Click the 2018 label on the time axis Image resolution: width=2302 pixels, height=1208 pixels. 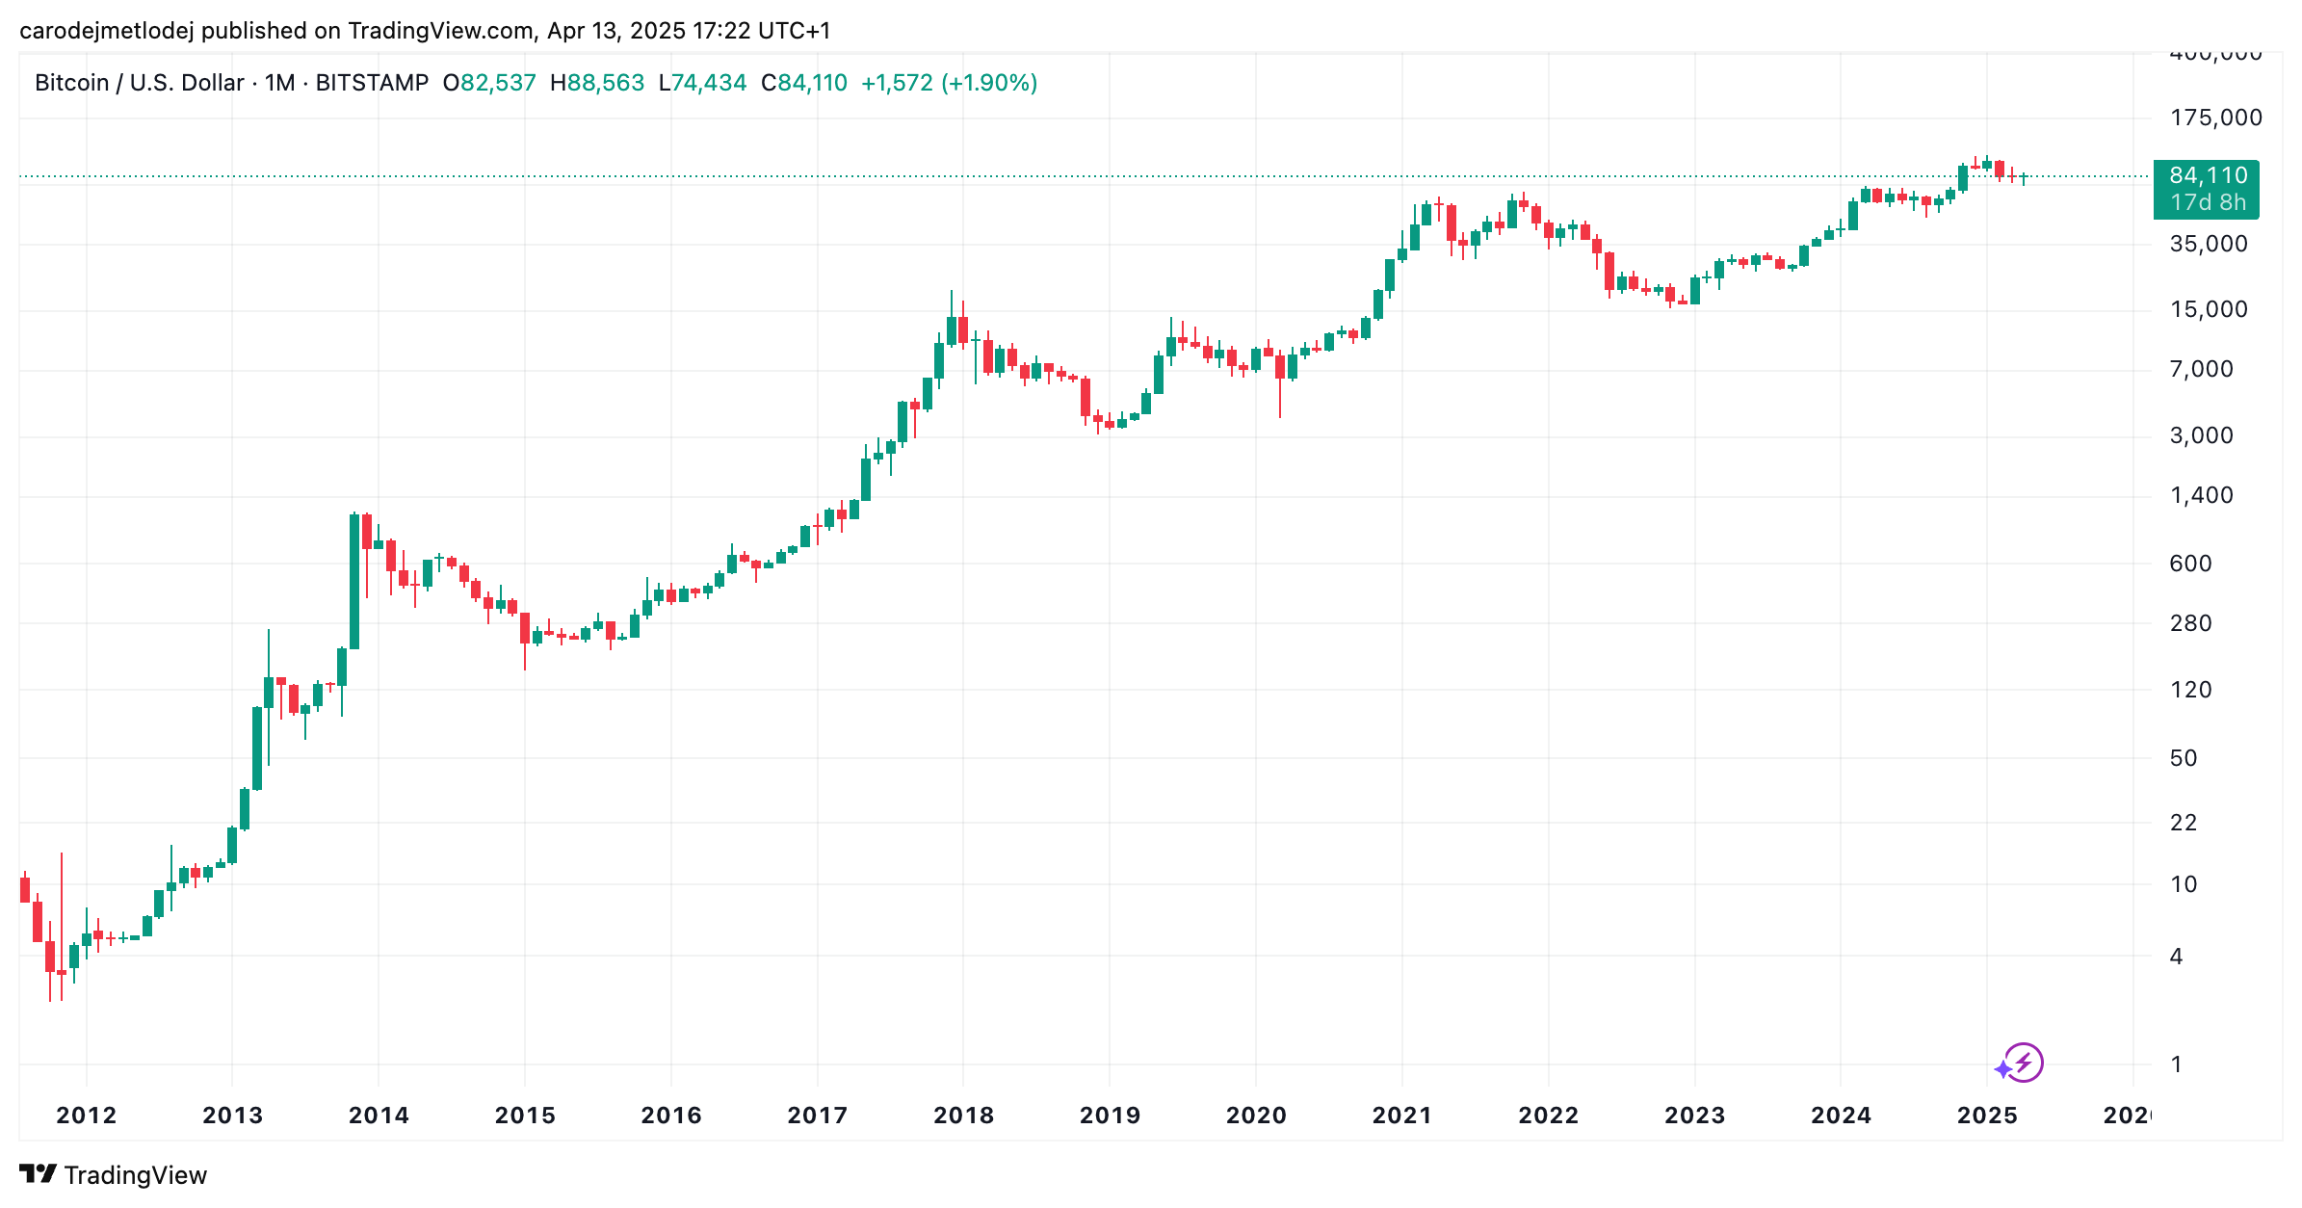(963, 1116)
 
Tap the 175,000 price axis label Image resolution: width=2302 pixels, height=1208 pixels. (2215, 118)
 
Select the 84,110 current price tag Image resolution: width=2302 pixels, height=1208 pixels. (2208, 176)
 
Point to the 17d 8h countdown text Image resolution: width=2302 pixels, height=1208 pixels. (2208, 203)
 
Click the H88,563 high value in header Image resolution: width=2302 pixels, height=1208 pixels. (597, 83)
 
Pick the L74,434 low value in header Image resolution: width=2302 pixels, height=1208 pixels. (702, 83)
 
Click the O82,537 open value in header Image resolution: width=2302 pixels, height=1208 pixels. (489, 83)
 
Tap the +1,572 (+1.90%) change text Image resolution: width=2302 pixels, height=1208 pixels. (949, 83)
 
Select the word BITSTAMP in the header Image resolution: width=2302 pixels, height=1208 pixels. (372, 83)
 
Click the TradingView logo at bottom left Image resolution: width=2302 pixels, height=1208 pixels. (114, 1174)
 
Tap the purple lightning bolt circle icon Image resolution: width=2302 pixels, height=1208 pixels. (2024, 1063)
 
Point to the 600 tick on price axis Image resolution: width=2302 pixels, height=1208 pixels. (2190, 564)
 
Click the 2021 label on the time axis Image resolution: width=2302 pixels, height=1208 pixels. (1401, 1116)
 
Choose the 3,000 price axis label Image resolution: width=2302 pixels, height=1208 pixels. (2201, 435)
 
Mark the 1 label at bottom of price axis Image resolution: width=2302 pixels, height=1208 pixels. (2176, 1064)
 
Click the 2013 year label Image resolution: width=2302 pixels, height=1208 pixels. (232, 1116)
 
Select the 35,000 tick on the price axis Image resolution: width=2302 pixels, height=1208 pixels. (2208, 244)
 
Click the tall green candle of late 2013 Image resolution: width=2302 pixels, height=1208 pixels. (354, 582)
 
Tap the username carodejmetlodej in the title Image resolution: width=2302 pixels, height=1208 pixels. (106, 31)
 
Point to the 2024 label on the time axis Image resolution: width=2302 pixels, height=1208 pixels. (1841, 1116)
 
